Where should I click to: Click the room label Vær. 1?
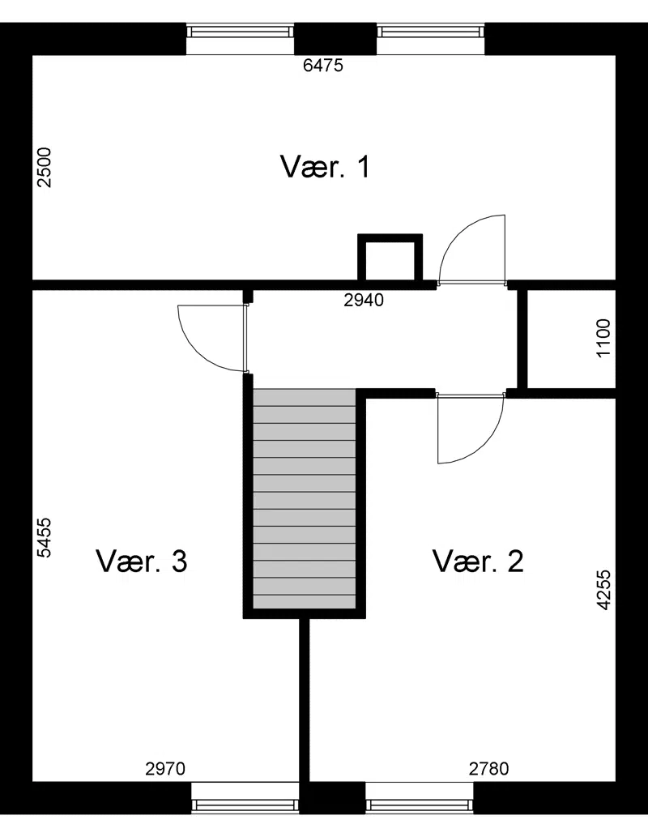325,167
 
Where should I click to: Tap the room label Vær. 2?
478,561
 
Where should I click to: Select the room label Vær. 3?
142,561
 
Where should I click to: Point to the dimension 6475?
323,65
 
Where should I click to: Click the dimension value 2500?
45,167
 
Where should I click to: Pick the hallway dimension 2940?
364,300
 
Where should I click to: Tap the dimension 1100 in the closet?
603,338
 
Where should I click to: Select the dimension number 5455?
45,537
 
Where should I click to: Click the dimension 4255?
603,590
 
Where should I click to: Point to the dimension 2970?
165,769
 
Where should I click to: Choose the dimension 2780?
489,769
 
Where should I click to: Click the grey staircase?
305,498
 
